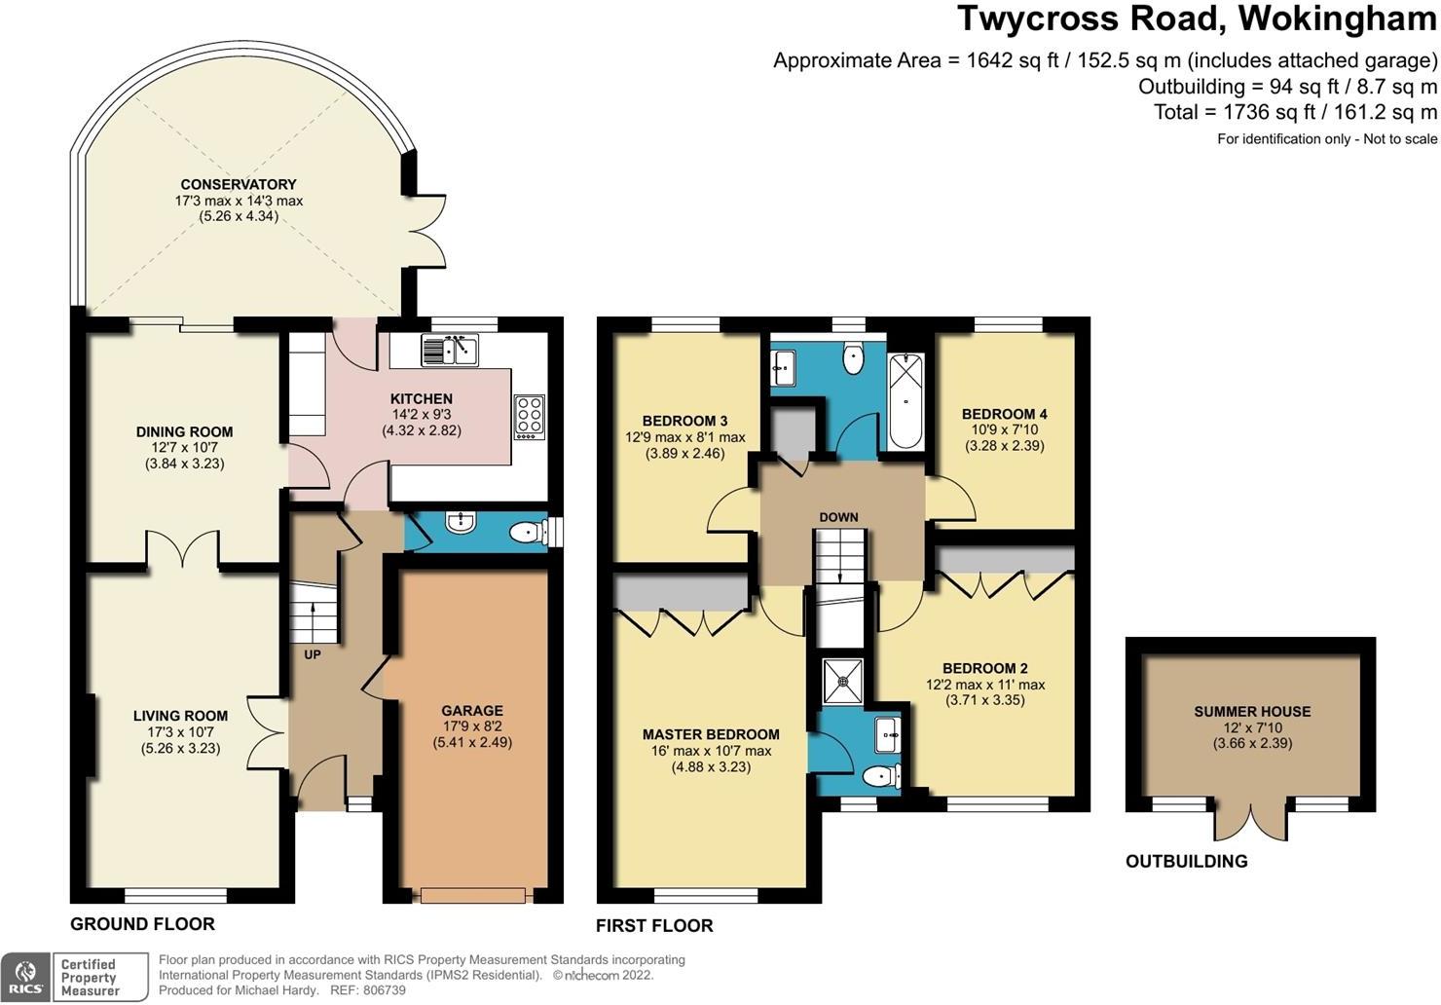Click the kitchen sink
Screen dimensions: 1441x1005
coord(450,350)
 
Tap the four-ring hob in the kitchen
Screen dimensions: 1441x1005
coord(530,417)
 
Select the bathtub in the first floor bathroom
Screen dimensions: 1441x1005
coord(905,400)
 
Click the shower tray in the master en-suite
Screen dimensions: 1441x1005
coord(843,681)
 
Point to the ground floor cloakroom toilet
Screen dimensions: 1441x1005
coord(532,532)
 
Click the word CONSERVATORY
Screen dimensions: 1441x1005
coord(238,185)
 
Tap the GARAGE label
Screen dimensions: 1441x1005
coord(472,710)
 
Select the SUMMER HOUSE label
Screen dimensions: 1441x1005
coord(1252,712)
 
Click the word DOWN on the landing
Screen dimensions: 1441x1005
coord(839,517)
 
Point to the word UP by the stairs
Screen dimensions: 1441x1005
coord(312,655)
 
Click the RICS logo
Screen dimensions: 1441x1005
coord(25,977)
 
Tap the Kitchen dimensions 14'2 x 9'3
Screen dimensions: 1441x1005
coord(422,415)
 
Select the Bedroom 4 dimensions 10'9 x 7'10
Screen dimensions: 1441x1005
coord(1004,429)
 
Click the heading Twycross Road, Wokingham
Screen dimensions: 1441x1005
coord(1198,19)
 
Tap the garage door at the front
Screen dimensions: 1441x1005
coord(473,895)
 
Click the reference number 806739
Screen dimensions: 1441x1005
coord(385,990)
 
